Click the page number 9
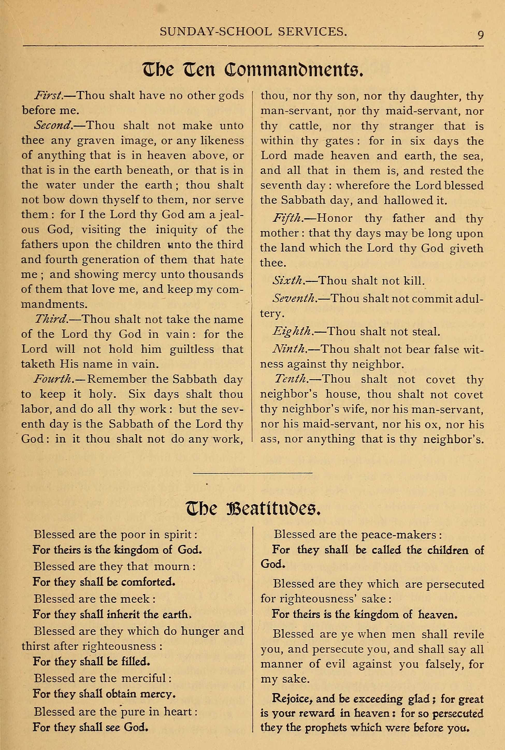[x=480, y=35]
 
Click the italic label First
[x=48, y=95]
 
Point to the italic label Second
[x=53, y=125]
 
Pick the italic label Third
[x=51, y=319]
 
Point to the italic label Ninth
[x=288, y=349]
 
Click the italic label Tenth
[x=290, y=379]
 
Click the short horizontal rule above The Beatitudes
[x=253, y=473]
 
